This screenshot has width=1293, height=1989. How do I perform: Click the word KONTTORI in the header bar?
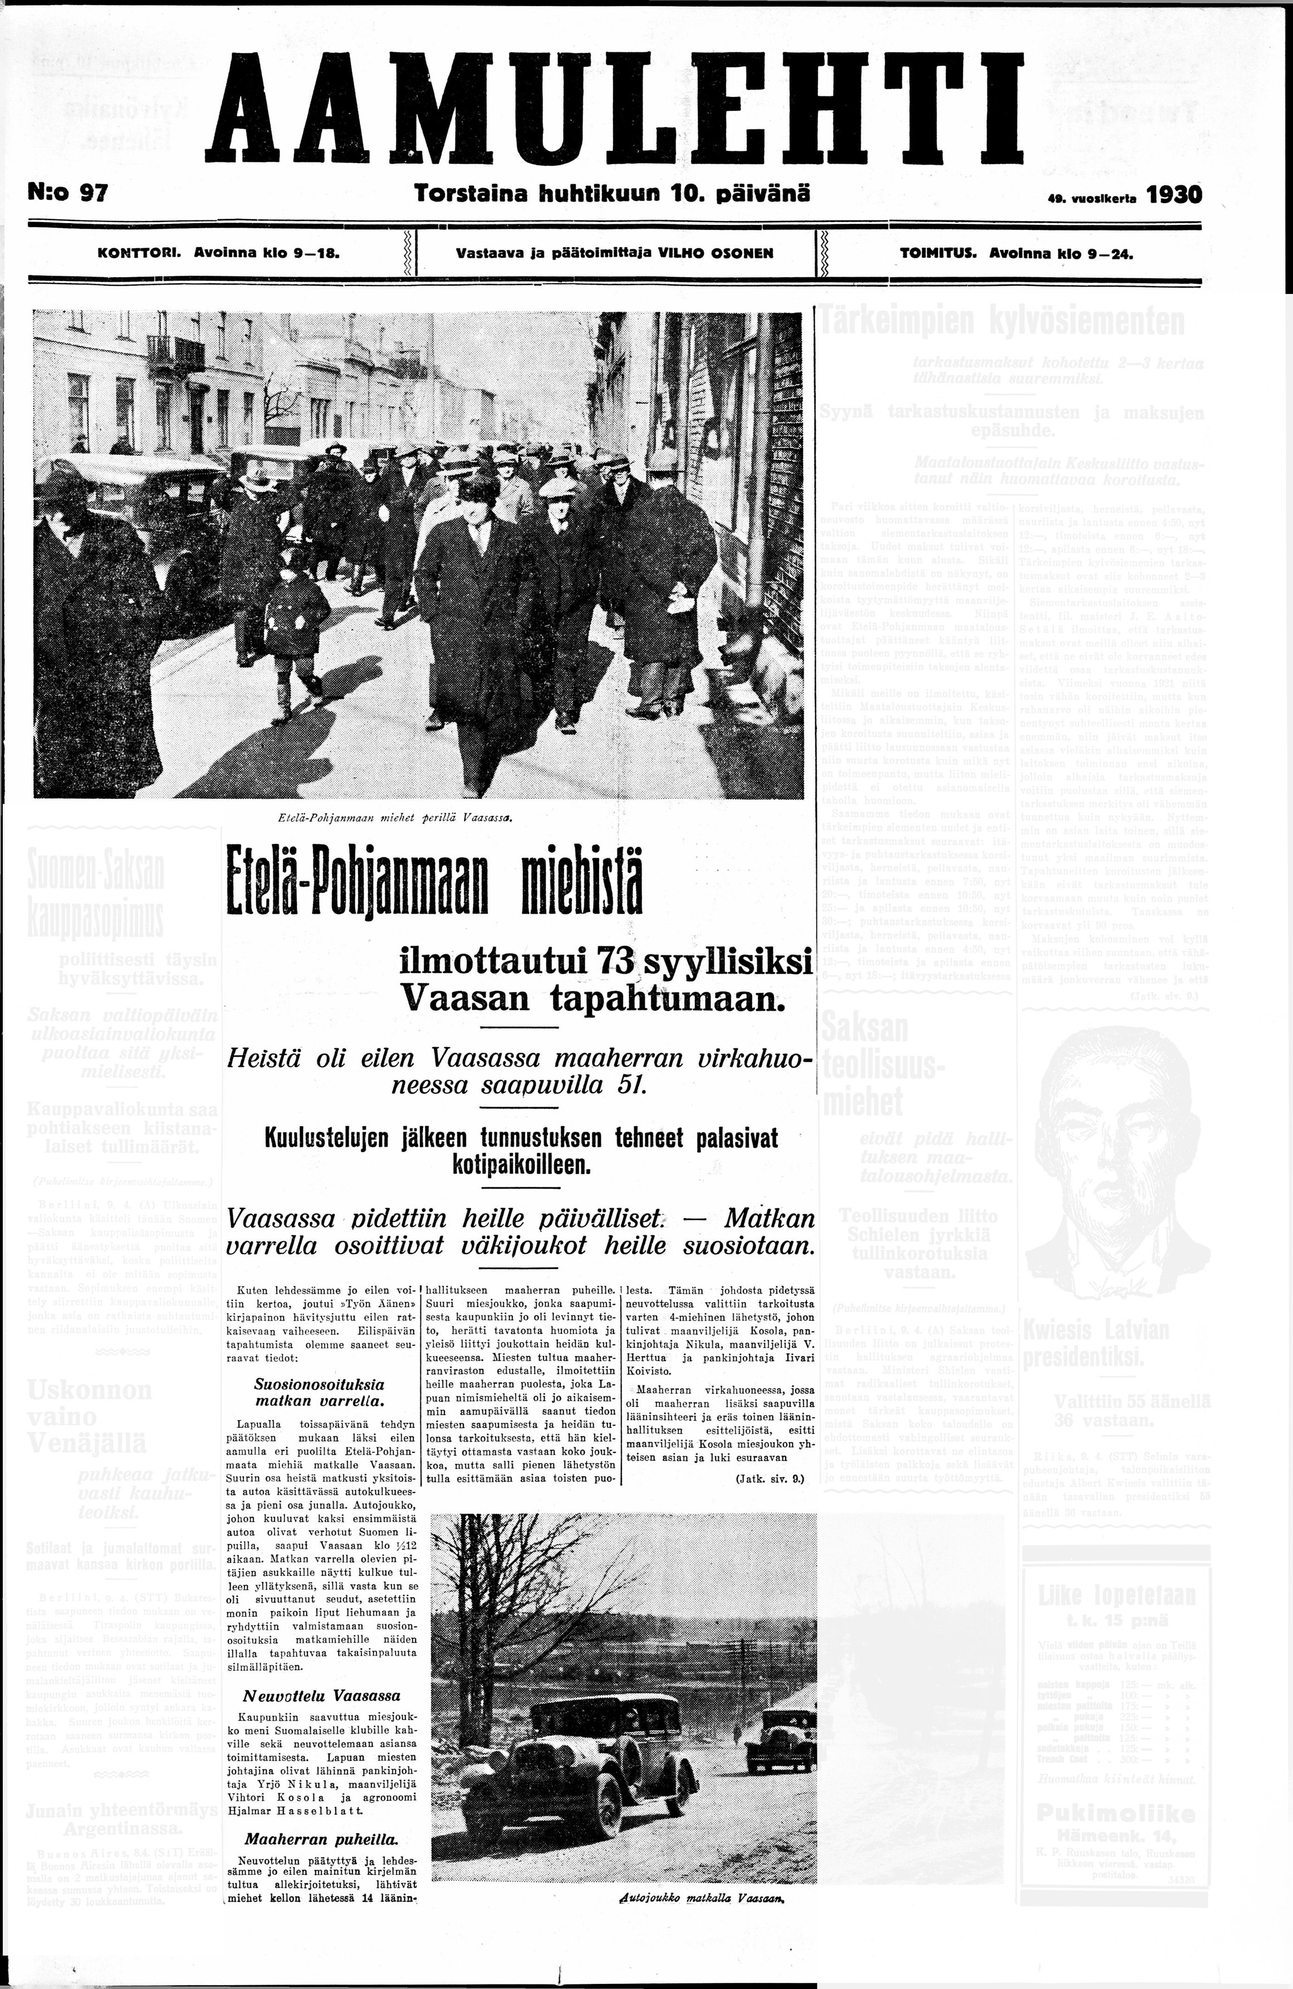tap(140, 252)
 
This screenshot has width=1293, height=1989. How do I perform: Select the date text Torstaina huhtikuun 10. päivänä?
tap(612, 194)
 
